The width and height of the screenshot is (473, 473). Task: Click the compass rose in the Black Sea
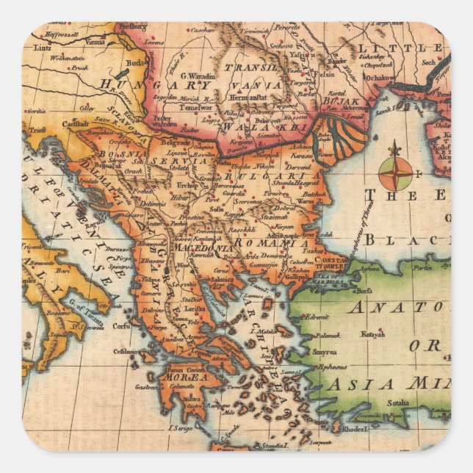pos(395,174)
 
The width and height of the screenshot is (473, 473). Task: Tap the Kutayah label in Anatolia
pos(372,333)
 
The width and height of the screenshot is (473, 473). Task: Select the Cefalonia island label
pos(126,352)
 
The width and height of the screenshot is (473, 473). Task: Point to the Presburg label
pos(133,26)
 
